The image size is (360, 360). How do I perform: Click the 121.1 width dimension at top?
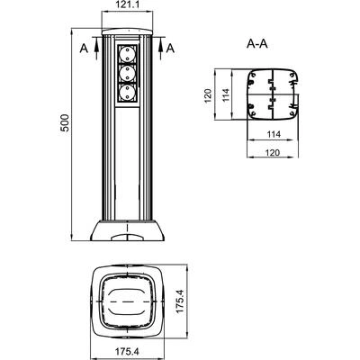point(127,4)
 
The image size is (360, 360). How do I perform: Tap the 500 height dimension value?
point(65,122)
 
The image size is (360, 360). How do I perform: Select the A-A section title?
point(257,44)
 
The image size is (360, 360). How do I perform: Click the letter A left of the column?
point(84,49)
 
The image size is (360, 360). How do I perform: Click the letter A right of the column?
point(170,49)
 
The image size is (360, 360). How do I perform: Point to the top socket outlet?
point(128,55)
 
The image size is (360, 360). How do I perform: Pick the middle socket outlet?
point(128,74)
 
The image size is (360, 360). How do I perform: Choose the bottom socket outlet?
point(128,93)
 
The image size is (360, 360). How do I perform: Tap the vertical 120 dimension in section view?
point(208,95)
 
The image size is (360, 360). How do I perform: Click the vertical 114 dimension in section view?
point(226,94)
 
